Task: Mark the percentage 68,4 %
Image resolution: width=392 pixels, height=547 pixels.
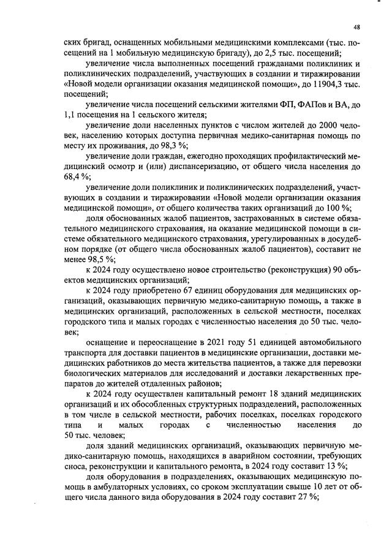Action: pyautogui.click(x=76, y=177)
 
